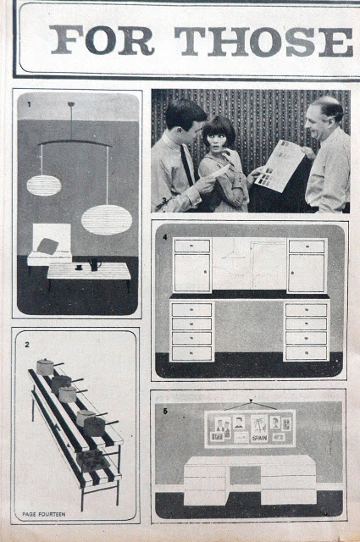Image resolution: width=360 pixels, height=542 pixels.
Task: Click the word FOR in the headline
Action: click(x=102, y=41)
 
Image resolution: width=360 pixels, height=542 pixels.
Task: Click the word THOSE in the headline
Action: click(x=263, y=41)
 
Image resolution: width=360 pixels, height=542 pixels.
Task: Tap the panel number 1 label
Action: click(x=29, y=104)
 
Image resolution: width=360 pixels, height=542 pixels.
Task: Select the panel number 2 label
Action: click(x=27, y=345)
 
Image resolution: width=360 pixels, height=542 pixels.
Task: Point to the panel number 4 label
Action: click(x=165, y=237)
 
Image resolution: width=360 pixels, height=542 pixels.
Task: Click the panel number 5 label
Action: click(x=165, y=412)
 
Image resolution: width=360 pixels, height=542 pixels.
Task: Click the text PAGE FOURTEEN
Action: click(x=44, y=514)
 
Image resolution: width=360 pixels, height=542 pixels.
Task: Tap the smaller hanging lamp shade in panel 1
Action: click(x=44, y=185)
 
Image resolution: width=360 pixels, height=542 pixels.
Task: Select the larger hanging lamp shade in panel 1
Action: click(x=107, y=220)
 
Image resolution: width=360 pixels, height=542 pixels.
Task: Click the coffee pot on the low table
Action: click(x=94, y=265)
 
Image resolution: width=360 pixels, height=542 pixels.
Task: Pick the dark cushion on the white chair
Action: click(x=47, y=246)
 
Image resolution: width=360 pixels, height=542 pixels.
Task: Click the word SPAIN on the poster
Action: click(x=259, y=439)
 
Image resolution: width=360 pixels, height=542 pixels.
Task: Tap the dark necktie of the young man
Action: click(x=186, y=164)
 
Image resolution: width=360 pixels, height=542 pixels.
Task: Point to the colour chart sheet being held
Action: click(x=280, y=166)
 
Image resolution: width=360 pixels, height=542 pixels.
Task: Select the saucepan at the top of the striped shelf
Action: click(x=46, y=367)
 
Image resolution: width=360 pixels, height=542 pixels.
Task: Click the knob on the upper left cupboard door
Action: click(x=206, y=273)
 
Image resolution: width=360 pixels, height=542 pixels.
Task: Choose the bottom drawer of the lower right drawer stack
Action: click(x=307, y=353)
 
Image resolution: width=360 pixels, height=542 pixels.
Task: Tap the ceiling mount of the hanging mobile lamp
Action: click(x=71, y=104)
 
